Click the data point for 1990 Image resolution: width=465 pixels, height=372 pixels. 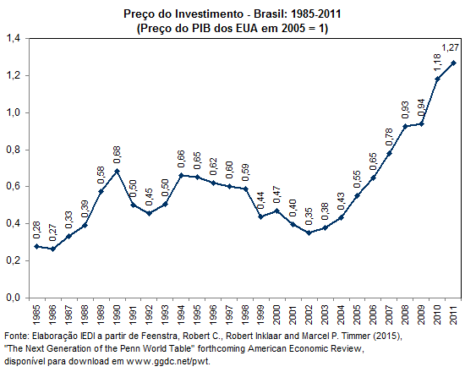(117, 171)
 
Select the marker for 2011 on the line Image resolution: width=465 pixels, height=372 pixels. (453, 63)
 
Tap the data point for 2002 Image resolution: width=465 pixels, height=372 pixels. (309, 232)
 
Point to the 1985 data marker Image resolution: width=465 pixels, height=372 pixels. (36, 246)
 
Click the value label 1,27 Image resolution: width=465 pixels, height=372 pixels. (450, 47)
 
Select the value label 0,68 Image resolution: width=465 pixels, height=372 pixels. (117, 155)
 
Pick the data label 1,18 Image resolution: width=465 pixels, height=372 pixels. (437, 63)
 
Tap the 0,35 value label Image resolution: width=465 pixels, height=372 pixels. (309, 216)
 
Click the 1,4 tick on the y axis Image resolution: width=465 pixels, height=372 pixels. (14, 38)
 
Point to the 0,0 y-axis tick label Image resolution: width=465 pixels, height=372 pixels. (14, 298)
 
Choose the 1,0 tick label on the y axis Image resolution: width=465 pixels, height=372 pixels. (14, 112)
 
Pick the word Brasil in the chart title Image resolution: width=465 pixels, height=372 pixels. (271, 14)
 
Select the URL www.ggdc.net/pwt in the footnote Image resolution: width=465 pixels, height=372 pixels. (167, 361)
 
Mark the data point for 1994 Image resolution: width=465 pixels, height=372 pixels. (181, 175)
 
